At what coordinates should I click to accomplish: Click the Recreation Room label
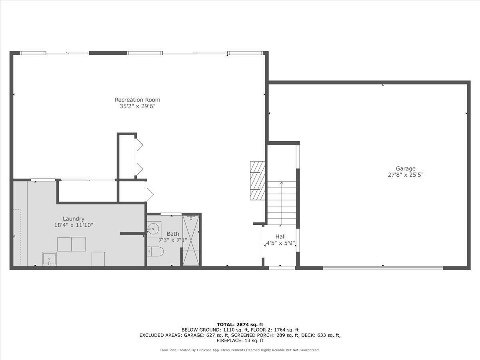point(137,100)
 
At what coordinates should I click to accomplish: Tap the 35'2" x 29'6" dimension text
point(137,106)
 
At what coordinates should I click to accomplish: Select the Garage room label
point(406,169)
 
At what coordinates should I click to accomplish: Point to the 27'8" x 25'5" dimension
point(406,175)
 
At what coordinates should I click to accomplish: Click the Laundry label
point(74,219)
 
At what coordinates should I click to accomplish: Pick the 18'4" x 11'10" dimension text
point(74,225)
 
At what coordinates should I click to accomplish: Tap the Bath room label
point(173,234)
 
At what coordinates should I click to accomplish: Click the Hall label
point(280,237)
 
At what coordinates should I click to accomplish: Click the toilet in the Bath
point(156,252)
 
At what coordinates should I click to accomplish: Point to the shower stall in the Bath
point(191,240)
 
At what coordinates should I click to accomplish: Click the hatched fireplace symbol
point(257,180)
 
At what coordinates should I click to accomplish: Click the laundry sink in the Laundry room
point(50,259)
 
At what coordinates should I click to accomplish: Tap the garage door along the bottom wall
point(383,268)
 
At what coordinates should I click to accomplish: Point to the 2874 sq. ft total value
point(251,324)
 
